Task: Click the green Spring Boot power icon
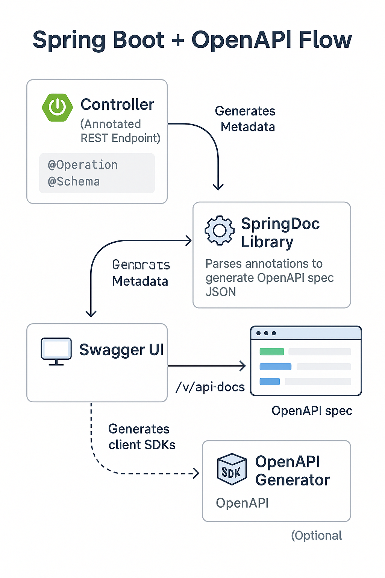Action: click(x=57, y=108)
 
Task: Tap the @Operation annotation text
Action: click(x=83, y=165)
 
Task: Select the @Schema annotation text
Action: click(x=74, y=181)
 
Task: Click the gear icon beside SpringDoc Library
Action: click(x=219, y=230)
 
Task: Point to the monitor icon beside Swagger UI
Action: click(x=56, y=351)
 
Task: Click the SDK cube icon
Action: click(x=232, y=469)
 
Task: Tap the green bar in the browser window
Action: click(x=271, y=351)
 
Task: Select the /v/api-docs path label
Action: click(x=210, y=387)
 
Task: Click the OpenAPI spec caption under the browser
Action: click(x=312, y=411)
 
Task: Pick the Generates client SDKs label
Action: click(x=141, y=437)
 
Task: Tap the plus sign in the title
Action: click(x=177, y=40)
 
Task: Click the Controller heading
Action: click(x=117, y=104)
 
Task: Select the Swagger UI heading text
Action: click(x=121, y=350)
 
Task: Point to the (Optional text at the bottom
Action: click(x=316, y=535)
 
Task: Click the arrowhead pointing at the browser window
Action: click(x=243, y=365)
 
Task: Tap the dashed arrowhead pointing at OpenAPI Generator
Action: click(x=196, y=473)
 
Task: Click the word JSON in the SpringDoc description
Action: click(x=221, y=292)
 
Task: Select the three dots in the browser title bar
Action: click(x=266, y=333)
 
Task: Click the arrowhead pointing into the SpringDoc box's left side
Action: click(x=189, y=241)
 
